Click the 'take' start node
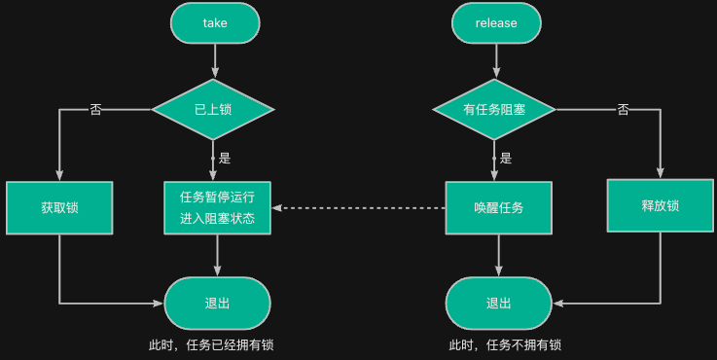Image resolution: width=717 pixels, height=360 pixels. point(215,22)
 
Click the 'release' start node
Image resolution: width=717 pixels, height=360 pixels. point(496,22)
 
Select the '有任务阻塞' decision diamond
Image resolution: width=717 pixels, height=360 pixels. point(494,109)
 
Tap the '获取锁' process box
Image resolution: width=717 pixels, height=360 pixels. point(59,207)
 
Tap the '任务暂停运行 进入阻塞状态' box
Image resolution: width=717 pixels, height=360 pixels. point(217,207)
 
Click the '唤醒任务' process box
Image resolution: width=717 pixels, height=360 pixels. point(499,207)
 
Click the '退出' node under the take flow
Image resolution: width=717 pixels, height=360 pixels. point(218,303)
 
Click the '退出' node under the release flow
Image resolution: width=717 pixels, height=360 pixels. point(498,303)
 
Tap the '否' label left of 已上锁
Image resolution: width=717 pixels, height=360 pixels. point(95,109)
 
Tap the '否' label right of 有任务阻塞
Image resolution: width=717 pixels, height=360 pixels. point(624,109)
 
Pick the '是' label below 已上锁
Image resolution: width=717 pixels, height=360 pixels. point(225,158)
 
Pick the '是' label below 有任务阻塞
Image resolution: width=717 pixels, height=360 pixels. point(505,158)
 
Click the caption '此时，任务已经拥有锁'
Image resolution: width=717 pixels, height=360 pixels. point(218,344)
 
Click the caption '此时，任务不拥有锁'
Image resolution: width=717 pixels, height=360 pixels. point(505,344)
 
